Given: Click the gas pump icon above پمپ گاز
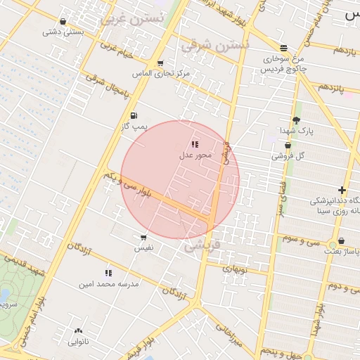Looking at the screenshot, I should pyautogui.click(x=134, y=116).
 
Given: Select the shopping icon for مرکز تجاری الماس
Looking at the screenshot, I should pyautogui.click(x=160, y=63).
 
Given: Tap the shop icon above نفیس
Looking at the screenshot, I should pyautogui.click(x=143, y=238).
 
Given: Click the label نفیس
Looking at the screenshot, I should pyautogui.click(x=143, y=248).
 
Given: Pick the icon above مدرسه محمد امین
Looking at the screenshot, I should pyautogui.click(x=108, y=273).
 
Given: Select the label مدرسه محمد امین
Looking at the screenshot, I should pyautogui.click(x=109, y=284).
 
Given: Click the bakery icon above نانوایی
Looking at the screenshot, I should pyautogui.click(x=77, y=330).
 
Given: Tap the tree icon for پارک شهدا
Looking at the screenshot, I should pyautogui.click(x=296, y=120).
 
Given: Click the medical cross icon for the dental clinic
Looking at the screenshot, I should pyautogui.click(x=342, y=190).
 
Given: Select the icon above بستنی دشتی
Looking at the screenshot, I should pyautogui.click(x=63, y=21).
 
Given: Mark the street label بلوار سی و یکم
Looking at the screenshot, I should pyautogui.click(x=127, y=182).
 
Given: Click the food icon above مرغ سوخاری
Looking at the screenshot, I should pyautogui.click(x=283, y=48).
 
